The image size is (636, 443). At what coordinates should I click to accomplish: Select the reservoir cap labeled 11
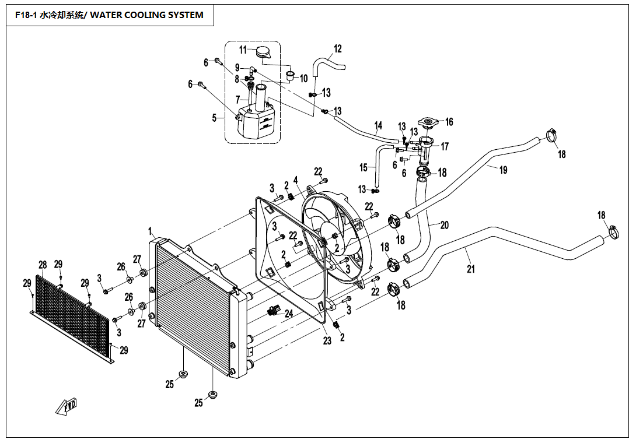(263, 52)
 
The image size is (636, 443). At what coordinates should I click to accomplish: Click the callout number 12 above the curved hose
(337, 49)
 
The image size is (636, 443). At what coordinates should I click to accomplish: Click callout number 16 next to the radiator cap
(449, 122)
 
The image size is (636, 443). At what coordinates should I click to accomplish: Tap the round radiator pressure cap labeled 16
(431, 122)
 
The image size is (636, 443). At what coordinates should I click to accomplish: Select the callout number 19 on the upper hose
(503, 170)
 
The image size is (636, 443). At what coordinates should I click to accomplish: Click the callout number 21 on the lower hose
(470, 269)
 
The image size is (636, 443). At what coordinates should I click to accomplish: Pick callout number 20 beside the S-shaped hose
(444, 225)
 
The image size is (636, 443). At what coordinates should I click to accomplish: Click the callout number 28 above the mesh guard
(42, 265)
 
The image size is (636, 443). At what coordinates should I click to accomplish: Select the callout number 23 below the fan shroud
(327, 341)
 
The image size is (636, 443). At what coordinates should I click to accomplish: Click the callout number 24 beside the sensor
(288, 314)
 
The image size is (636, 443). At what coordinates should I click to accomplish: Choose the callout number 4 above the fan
(296, 180)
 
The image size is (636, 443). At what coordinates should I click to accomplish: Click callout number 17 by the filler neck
(445, 147)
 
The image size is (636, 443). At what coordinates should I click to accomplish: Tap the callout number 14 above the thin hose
(378, 125)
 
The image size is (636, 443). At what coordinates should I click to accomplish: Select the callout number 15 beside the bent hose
(363, 168)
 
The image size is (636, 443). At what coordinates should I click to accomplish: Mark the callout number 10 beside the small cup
(303, 79)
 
